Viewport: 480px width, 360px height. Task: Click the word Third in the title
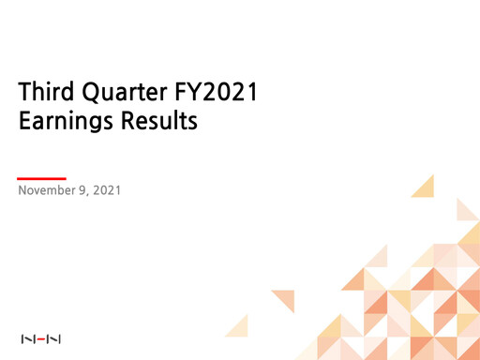click(46, 94)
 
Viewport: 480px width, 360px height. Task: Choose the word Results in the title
click(160, 122)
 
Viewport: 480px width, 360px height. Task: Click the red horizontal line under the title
click(42, 176)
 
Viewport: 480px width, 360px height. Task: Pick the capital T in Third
click(24, 94)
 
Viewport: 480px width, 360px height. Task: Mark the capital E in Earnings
click(25, 122)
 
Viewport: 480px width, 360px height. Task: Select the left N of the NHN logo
click(26, 337)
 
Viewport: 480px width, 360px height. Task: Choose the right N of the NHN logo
click(54, 337)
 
